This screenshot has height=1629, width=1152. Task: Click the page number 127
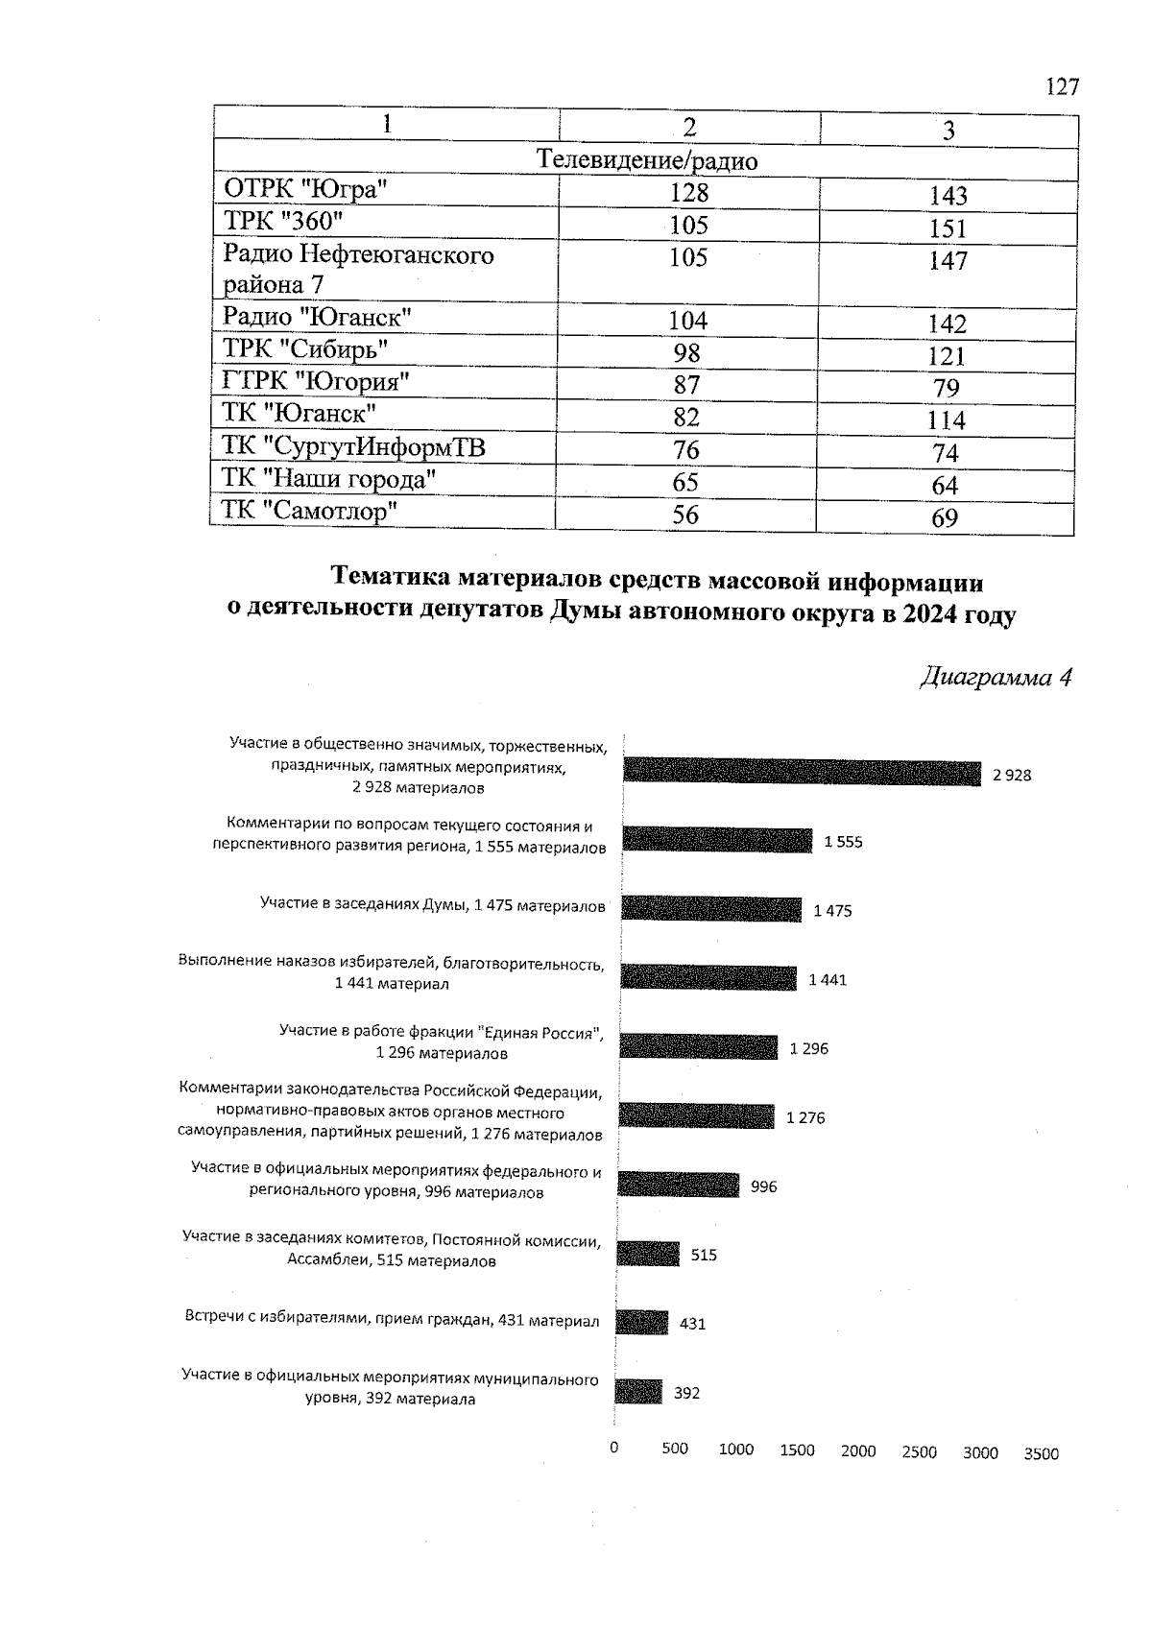click(1062, 87)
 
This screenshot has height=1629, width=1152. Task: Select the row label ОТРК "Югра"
click(305, 189)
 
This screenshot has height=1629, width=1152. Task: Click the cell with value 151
click(947, 228)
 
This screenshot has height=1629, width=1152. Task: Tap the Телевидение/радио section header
click(646, 160)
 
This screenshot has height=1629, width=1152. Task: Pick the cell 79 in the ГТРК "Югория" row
click(946, 388)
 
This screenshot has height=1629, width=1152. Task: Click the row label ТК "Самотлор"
click(309, 511)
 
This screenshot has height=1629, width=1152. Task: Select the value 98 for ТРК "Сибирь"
click(687, 353)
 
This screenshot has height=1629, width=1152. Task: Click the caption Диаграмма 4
click(996, 678)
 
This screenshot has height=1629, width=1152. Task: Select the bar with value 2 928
click(802, 773)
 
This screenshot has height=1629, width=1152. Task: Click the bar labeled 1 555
click(717, 841)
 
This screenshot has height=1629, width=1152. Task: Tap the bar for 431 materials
click(641, 1323)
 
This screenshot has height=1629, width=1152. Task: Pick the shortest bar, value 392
click(638, 1392)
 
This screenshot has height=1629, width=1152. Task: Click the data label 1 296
click(808, 1049)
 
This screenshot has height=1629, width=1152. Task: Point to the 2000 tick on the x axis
click(858, 1451)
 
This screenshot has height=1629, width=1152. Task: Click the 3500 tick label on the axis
click(1041, 1453)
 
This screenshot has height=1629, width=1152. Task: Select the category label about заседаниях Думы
click(432, 905)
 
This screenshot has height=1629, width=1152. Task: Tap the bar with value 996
click(678, 1185)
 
